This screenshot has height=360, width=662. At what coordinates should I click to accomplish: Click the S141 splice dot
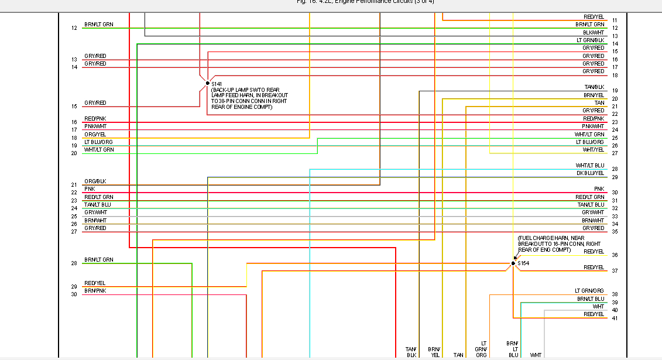click(x=207, y=83)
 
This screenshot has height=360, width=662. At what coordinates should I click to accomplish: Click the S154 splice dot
click(x=513, y=263)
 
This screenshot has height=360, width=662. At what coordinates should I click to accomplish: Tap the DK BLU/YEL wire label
click(x=590, y=173)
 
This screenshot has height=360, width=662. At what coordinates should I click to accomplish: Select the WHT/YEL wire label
click(x=593, y=150)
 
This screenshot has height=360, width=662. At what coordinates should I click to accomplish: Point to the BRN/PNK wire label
click(x=95, y=291)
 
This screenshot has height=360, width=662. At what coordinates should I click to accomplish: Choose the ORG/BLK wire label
click(x=95, y=181)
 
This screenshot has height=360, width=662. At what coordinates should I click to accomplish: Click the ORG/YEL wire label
click(x=95, y=134)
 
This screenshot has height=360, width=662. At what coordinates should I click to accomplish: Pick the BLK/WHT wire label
click(x=593, y=32)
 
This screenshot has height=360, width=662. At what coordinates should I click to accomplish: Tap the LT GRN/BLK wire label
click(x=590, y=40)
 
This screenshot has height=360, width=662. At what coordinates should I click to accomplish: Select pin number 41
click(x=615, y=318)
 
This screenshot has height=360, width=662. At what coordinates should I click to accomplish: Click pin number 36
click(x=615, y=255)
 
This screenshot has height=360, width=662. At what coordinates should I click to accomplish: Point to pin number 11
click(x=615, y=20)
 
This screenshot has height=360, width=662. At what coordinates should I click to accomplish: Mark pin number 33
click(x=615, y=217)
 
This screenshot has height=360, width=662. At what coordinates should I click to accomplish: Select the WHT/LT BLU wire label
click(x=589, y=166)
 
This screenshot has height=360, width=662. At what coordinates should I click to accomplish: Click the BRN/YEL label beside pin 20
click(x=594, y=95)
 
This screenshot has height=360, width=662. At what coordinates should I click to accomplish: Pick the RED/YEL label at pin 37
click(x=594, y=268)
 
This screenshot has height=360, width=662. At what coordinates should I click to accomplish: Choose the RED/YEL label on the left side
click(x=95, y=283)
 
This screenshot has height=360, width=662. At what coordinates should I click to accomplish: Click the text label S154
click(x=523, y=263)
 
